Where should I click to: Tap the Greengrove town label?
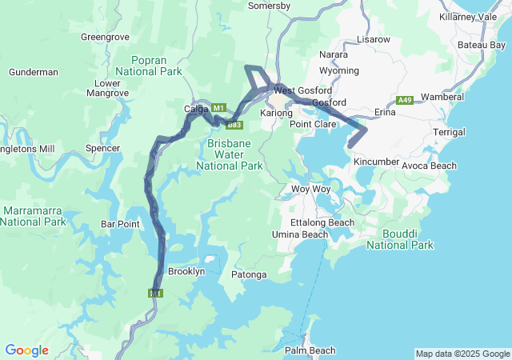(x=106, y=37)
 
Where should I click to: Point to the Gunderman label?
(x=34, y=72)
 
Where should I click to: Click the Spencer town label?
(x=102, y=148)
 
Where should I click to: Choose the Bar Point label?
(x=120, y=224)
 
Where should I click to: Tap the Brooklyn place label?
(x=186, y=271)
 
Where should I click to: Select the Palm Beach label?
(x=310, y=350)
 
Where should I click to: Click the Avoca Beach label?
(x=429, y=166)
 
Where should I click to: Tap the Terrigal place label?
(x=449, y=132)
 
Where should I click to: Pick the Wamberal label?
(x=442, y=97)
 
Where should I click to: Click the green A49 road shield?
(x=405, y=100)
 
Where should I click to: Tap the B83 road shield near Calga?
(x=234, y=125)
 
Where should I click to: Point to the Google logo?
(x=26, y=350)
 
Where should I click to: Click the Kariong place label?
(x=276, y=114)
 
